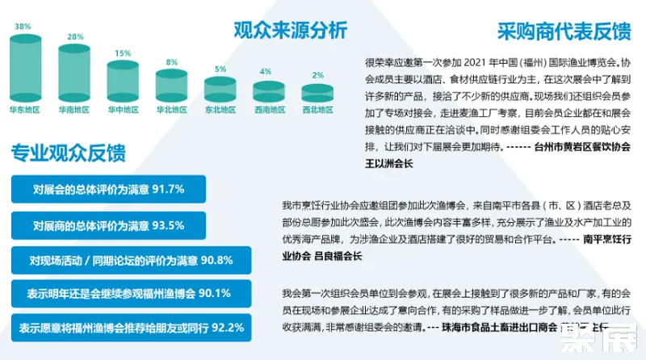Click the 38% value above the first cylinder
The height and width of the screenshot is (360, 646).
(22, 27)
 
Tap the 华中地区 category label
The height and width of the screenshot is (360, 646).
(123, 108)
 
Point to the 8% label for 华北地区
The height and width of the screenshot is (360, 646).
(171, 62)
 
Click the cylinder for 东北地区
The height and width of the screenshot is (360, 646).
(220, 88)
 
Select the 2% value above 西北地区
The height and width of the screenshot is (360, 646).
(317, 75)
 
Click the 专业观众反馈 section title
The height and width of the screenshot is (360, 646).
(68, 153)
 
